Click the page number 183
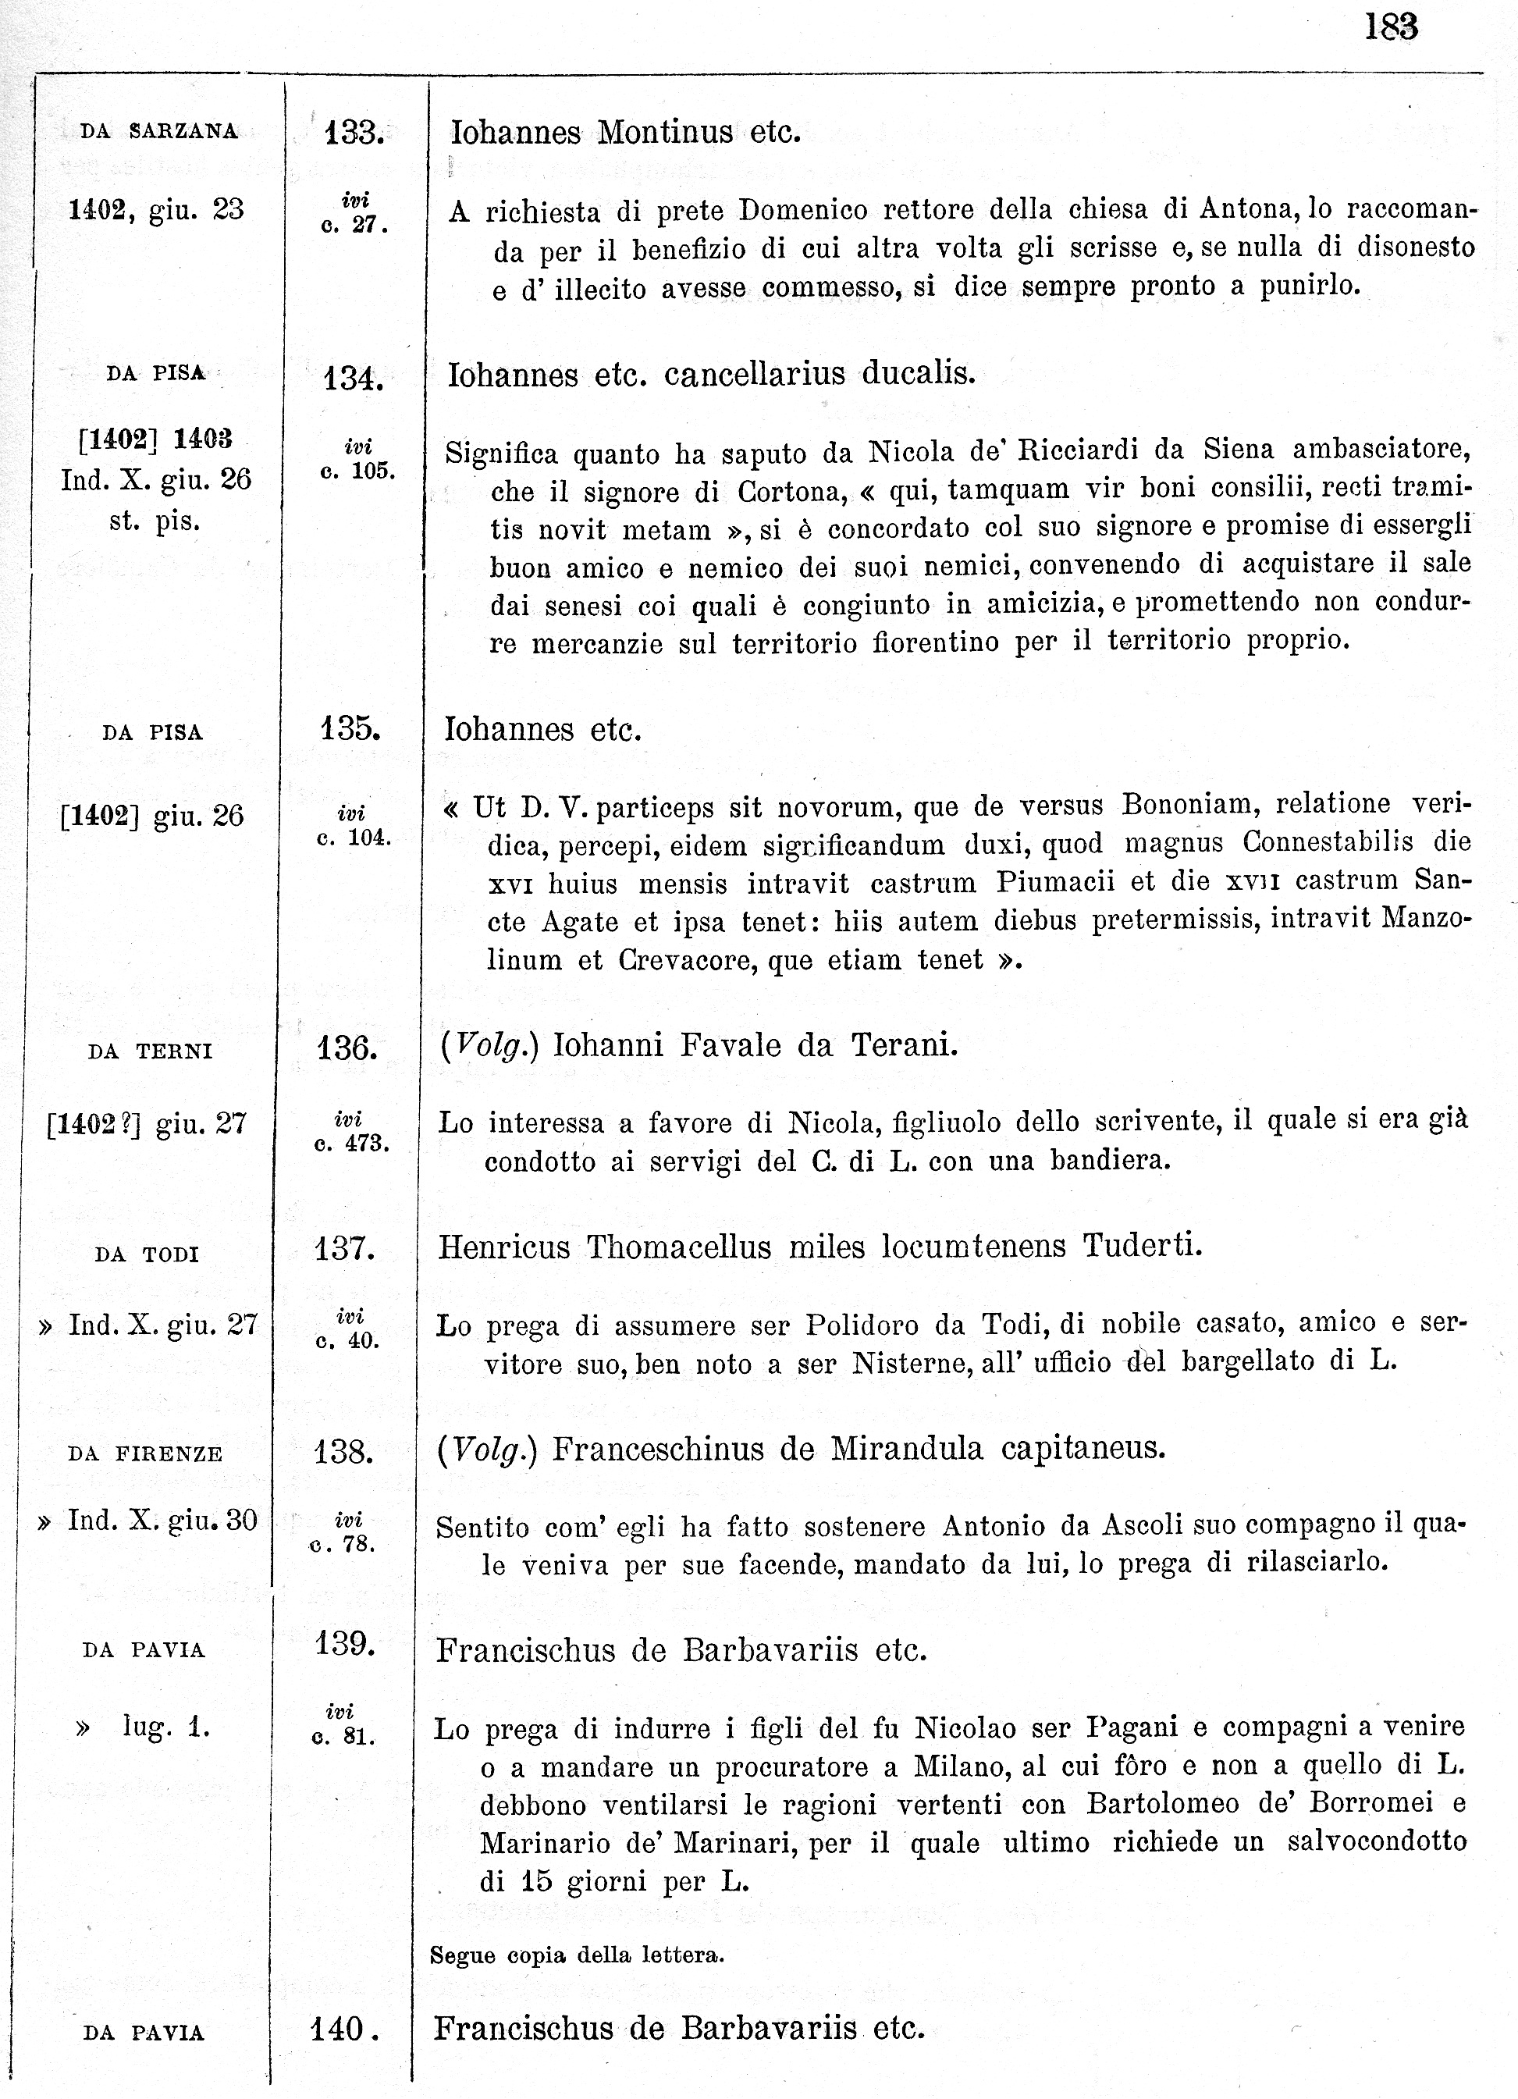(x=1392, y=27)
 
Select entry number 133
(x=354, y=133)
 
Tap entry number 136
(x=347, y=1048)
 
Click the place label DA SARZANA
(x=159, y=131)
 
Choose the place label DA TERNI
(x=150, y=1051)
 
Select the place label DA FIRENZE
(x=145, y=1454)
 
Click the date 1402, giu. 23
(x=156, y=210)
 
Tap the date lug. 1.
(x=166, y=1726)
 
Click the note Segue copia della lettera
(x=577, y=1955)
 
